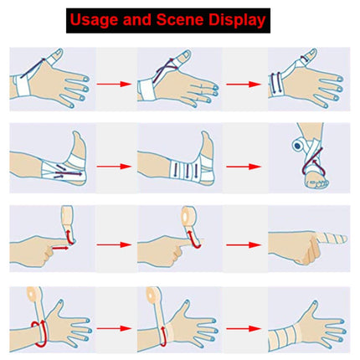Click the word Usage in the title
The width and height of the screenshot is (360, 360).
click(94, 18)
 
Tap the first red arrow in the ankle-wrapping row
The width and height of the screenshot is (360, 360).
click(117, 165)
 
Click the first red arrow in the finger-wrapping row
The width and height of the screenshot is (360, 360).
click(117, 245)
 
